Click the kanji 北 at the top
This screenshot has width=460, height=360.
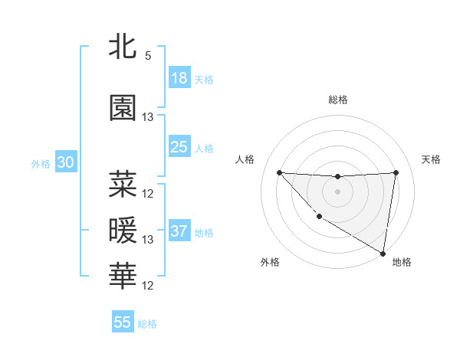[x=123, y=47]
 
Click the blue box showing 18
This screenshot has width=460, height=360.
[x=179, y=78]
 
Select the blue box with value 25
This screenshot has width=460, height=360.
[x=179, y=147]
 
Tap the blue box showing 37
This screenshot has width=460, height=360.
[x=179, y=231]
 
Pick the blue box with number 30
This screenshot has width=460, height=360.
[x=65, y=163]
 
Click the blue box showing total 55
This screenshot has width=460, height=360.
[x=123, y=322]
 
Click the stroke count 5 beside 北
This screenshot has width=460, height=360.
[x=147, y=56]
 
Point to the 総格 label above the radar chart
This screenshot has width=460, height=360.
[x=337, y=100]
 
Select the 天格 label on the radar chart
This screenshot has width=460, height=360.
[x=431, y=159]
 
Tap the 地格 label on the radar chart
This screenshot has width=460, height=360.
[x=402, y=262]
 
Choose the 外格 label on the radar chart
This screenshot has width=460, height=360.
[x=270, y=262]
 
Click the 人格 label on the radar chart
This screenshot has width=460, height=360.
[x=245, y=159]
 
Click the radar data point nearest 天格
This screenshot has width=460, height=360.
[x=396, y=172]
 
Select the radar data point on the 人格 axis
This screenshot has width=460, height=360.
[x=279, y=172]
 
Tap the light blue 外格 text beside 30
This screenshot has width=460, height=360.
[x=41, y=164]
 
